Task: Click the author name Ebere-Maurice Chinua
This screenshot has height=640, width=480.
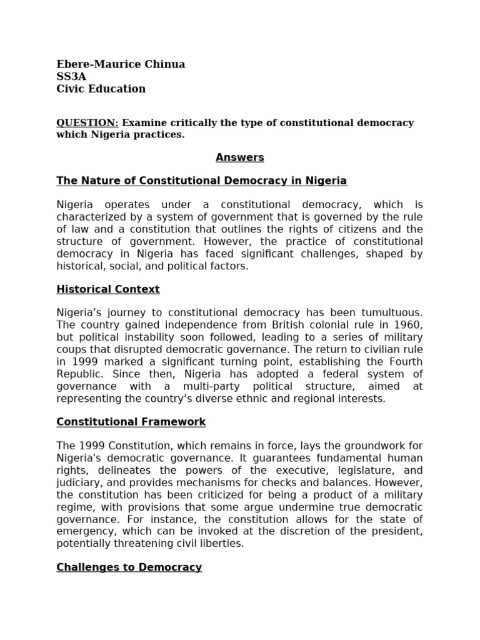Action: (x=121, y=64)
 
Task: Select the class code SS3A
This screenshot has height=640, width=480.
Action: (x=71, y=76)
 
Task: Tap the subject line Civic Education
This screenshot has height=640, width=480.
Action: (x=101, y=89)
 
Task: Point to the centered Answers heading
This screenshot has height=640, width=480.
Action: (x=240, y=157)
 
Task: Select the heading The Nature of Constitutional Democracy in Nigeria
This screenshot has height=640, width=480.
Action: (x=201, y=181)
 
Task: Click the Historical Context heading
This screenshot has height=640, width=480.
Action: (x=108, y=289)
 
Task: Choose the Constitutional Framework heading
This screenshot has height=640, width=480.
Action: (x=131, y=422)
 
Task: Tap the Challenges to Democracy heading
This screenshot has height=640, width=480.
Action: (x=129, y=567)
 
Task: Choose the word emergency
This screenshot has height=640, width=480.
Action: (x=84, y=531)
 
